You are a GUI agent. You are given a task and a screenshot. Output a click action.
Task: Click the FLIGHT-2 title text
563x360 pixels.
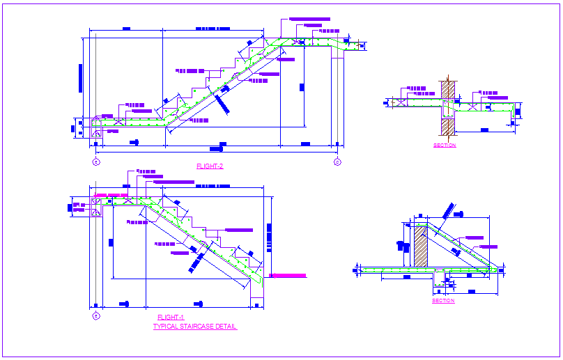[210, 166]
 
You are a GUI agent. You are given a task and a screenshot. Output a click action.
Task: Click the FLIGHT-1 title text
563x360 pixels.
[170, 318]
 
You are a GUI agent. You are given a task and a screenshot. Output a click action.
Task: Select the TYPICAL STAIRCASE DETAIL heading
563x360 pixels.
[195, 326]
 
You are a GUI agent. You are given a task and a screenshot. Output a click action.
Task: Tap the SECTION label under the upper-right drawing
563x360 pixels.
[445, 146]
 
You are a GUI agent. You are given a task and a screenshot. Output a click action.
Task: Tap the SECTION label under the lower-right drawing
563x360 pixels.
[443, 301]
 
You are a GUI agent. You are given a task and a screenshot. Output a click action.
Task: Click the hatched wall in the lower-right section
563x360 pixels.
[421, 245]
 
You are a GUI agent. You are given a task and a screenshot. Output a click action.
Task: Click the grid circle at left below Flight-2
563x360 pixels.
[95, 162]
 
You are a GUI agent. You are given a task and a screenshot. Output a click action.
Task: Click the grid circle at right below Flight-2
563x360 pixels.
[337, 162]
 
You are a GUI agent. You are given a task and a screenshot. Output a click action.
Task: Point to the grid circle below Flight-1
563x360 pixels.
[96, 316]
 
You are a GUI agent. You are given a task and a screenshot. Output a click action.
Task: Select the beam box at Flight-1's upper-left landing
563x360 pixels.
[97, 206]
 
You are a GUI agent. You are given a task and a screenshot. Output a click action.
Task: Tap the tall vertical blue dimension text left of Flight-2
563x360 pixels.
[81, 77]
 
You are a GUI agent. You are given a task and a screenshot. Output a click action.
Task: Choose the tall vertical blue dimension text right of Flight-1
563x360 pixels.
[268, 240]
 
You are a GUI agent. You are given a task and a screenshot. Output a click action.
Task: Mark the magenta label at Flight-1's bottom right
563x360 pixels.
[288, 276]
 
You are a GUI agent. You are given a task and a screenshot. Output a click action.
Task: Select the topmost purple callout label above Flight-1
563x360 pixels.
[146, 171]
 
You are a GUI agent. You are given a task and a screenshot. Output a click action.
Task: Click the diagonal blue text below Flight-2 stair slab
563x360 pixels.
[222, 102]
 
